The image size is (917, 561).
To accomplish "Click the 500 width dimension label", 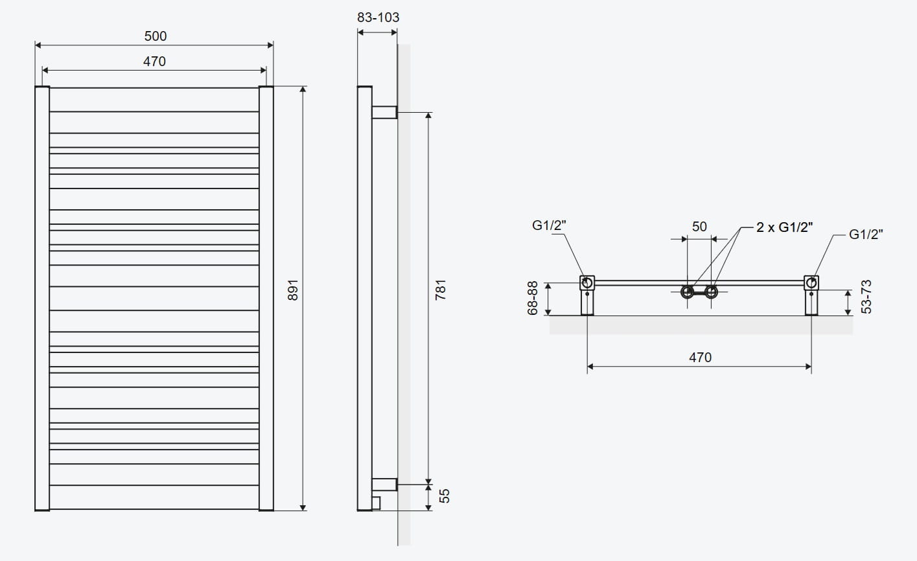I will (155, 36).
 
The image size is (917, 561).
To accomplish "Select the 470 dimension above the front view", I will (154, 62).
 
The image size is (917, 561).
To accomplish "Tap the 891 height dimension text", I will (292, 290).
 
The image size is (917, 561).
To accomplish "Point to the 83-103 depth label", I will (378, 17).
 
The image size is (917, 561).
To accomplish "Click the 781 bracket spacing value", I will (441, 290).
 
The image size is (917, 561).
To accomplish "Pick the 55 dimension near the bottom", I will (444, 496).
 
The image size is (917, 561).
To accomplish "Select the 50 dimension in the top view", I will (699, 226).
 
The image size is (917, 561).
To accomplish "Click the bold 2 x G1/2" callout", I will (784, 227).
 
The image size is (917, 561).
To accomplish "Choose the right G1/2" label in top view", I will (866, 235).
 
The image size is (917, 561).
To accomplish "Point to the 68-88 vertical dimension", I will (533, 298).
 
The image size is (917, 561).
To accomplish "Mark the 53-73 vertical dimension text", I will (866, 297).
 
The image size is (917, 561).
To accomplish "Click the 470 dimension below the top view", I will (700, 357).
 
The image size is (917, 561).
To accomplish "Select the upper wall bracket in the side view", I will (384, 112).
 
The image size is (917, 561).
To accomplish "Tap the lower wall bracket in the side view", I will (384, 483).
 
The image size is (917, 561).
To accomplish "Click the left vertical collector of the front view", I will (42, 298).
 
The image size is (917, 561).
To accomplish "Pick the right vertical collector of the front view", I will (266, 298).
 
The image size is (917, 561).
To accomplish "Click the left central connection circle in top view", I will (687, 292).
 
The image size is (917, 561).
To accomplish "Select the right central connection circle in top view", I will (711, 292).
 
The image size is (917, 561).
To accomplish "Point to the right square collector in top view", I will (811, 283).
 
